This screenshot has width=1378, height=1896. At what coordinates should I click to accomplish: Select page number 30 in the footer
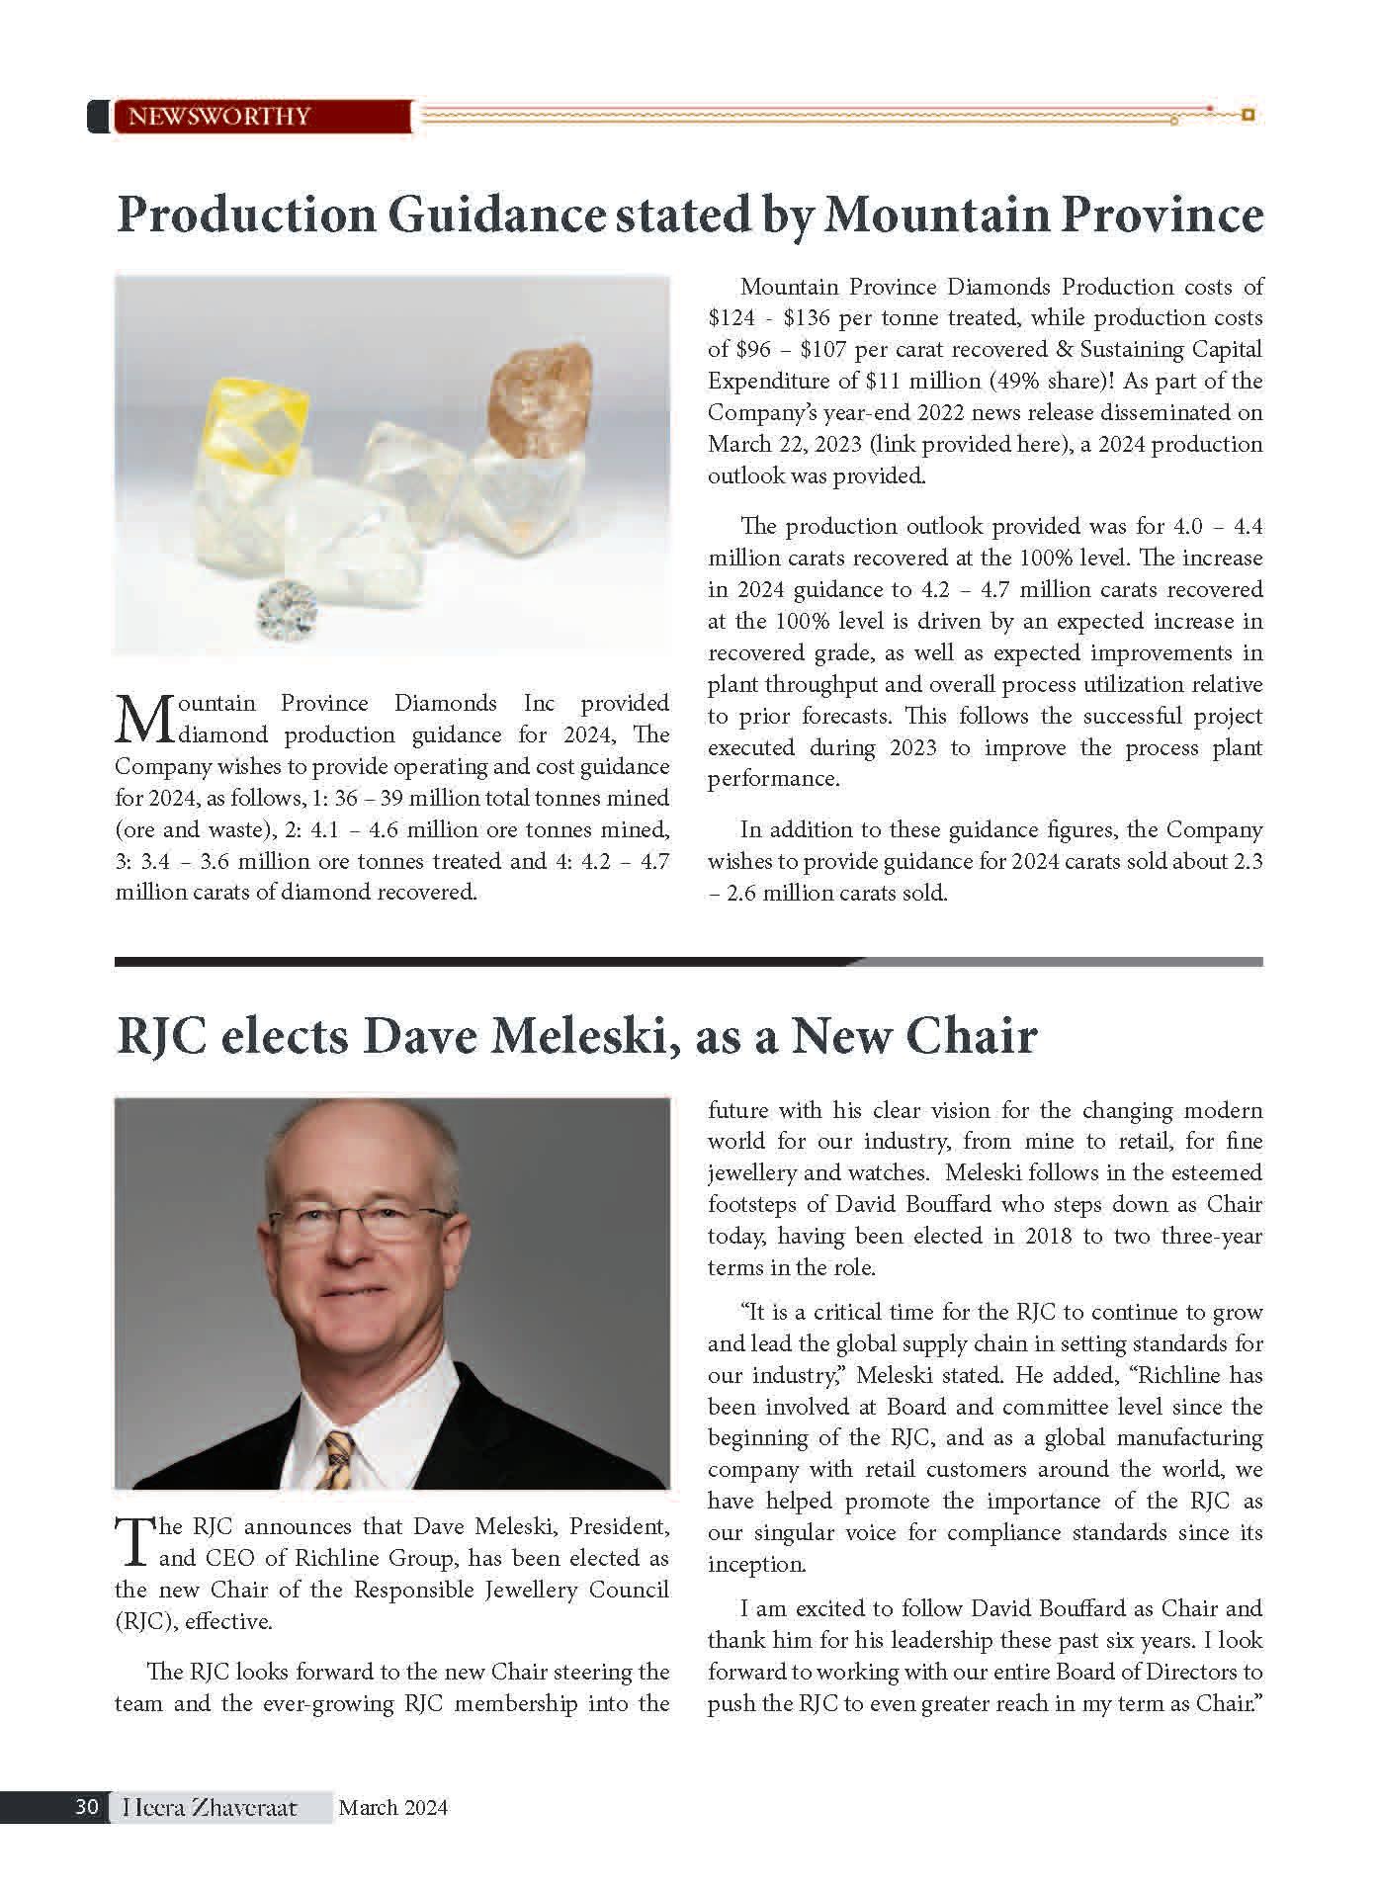[86, 1808]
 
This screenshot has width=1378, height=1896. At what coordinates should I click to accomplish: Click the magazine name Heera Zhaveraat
[210, 1808]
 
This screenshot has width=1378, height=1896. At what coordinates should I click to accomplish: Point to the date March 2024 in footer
[392, 1808]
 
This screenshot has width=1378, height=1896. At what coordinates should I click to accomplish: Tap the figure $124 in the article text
[732, 318]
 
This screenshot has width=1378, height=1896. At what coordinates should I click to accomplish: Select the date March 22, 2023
[781, 444]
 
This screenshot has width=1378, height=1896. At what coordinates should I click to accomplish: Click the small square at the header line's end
[1248, 115]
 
